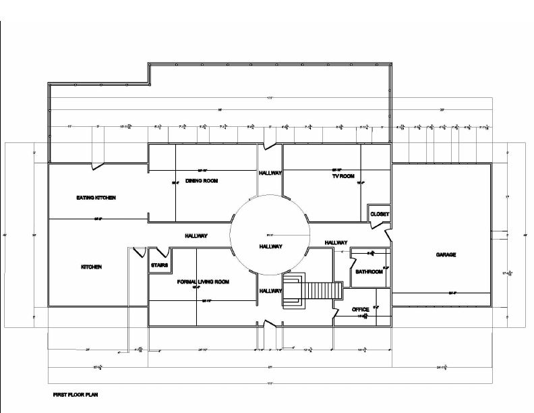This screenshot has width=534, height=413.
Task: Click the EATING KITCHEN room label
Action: [96, 198]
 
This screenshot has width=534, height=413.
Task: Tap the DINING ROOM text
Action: [202, 181]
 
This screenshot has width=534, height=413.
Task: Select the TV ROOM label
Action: [344, 176]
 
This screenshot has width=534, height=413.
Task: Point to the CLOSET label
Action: [380, 214]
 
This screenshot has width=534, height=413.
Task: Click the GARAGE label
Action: [446, 254]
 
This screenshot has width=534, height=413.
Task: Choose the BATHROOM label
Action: [369, 271]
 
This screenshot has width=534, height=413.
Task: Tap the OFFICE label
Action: [360, 310]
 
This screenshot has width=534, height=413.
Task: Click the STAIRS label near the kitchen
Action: [159, 265]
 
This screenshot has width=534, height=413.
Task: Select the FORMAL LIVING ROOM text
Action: [204, 281]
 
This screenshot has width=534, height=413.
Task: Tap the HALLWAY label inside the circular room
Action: [270, 247]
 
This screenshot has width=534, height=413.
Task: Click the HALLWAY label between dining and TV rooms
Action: [270, 173]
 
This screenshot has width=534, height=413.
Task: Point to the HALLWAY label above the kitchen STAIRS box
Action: [196, 236]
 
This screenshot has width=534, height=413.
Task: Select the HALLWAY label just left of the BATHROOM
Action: [336, 242]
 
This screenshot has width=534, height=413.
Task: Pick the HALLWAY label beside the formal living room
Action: [270, 290]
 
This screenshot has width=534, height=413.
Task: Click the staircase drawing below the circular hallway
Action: [310, 291]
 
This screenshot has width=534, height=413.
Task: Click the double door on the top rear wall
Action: [270, 143]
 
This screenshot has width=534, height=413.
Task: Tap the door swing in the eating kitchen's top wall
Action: [98, 165]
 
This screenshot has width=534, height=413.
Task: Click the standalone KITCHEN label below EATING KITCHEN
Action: [91, 267]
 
